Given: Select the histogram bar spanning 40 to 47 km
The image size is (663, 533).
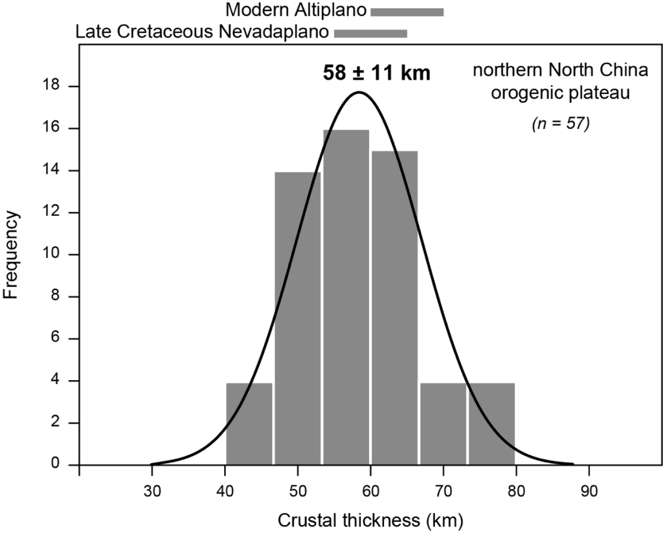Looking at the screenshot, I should click(249, 424).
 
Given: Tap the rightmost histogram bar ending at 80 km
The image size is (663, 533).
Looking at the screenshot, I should click(491, 424).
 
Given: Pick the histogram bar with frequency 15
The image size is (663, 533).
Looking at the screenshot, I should click(394, 307).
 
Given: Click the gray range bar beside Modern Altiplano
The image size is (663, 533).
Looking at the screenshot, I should click(407, 12).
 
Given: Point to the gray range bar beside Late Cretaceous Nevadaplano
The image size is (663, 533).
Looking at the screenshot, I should click(370, 32).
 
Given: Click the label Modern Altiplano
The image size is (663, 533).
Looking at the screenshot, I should click(296, 11).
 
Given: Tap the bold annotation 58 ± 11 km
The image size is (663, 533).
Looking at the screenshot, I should click(377, 73).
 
